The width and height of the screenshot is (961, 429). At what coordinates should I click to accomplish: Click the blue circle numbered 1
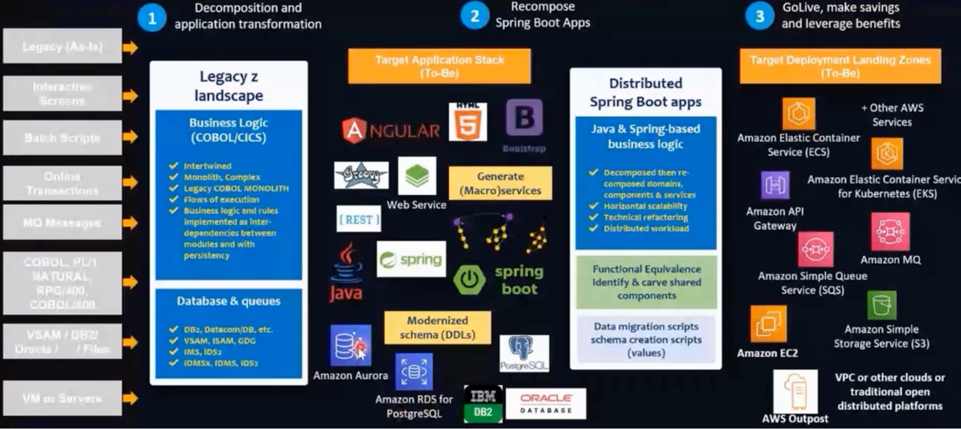(152, 18)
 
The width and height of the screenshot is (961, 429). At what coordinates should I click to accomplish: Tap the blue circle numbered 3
(760, 16)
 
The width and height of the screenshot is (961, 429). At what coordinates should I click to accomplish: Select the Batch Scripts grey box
(62, 138)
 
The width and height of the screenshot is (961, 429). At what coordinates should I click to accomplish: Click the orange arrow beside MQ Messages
(130, 223)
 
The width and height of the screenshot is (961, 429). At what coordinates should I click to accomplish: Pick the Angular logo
(391, 130)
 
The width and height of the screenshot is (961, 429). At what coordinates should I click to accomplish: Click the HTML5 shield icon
(467, 123)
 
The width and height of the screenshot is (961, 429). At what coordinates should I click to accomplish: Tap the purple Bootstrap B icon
(524, 118)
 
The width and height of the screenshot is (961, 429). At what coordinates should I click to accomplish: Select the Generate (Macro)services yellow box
(500, 184)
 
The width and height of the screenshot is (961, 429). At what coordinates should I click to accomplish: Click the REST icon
(359, 220)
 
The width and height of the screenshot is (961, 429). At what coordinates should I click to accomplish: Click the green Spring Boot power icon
(469, 279)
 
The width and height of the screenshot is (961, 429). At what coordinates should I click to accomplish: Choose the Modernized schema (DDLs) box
(437, 328)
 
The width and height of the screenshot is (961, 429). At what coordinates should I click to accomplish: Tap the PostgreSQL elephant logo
(524, 353)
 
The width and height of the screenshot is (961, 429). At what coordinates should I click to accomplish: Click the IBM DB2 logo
(483, 404)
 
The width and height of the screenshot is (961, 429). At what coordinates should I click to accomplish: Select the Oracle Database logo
(546, 404)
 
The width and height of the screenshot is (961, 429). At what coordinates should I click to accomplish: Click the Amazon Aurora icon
(350, 345)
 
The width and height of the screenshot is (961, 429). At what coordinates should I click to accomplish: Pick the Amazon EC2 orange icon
(768, 324)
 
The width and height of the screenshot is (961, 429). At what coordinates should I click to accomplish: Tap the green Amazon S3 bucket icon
(881, 305)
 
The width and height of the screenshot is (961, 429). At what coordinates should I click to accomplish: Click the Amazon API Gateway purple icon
(775, 185)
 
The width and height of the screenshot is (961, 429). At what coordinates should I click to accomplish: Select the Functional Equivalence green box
(646, 282)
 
